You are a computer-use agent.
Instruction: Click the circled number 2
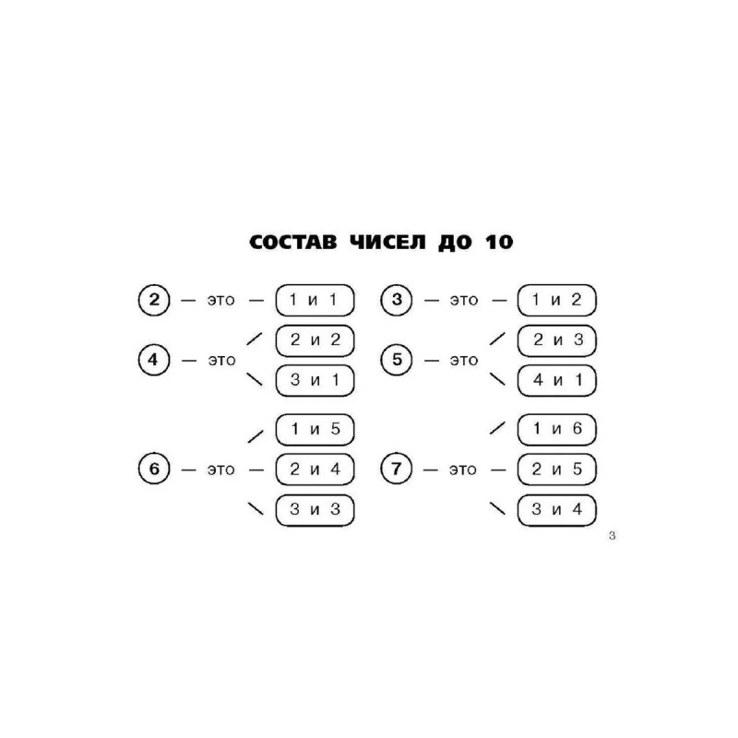154,299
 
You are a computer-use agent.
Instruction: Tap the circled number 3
397,299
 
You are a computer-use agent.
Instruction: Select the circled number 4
154,360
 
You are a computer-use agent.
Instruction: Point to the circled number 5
397,360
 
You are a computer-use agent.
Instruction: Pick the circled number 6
154,470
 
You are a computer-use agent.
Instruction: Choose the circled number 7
397,470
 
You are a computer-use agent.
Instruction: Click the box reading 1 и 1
315,299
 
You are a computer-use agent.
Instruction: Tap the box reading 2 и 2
315,339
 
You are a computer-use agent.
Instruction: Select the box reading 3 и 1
315,379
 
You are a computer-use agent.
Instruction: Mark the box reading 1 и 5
315,429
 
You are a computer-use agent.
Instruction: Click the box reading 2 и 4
315,470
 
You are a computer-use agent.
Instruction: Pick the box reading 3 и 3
315,509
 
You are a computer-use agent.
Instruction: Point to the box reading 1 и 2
556,299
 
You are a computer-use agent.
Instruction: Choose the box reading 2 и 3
556,339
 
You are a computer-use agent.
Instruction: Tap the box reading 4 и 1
556,379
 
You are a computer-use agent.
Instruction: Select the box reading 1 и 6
556,429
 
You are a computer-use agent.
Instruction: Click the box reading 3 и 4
556,509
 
